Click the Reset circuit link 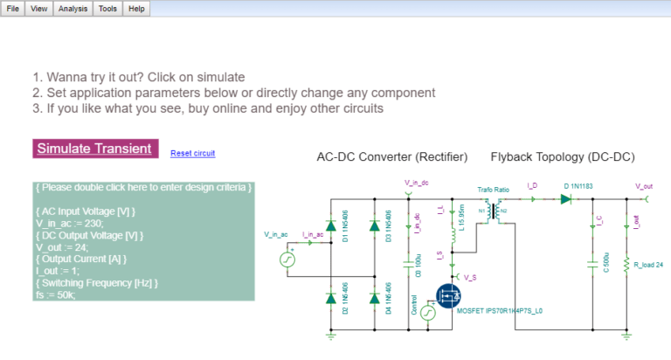click(x=192, y=154)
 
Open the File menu click(x=13, y=8)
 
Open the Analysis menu click(x=73, y=8)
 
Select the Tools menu click(x=107, y=8)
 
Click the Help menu click(x=136, y=8)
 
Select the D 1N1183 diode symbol click(x=566, y=199)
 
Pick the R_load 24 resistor click(x=626, y=263)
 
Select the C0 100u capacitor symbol click(x=410, y=260)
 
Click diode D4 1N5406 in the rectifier click(x=375, y=298)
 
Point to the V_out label click(x=644, y=186)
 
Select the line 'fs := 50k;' click(x=56, y=294)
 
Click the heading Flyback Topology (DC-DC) click(x=562, y=157)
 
